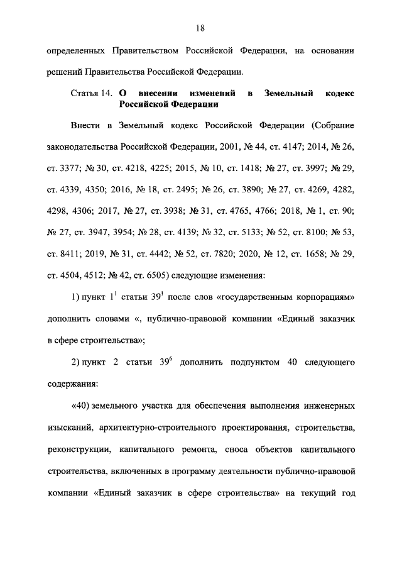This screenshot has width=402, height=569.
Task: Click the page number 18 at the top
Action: (200, 28)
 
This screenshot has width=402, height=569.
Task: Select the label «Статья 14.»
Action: (92, 94)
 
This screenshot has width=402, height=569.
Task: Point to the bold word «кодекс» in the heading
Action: (339, 94)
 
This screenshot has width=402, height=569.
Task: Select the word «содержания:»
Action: (72, 384)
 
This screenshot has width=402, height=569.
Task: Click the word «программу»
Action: (200, 470)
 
